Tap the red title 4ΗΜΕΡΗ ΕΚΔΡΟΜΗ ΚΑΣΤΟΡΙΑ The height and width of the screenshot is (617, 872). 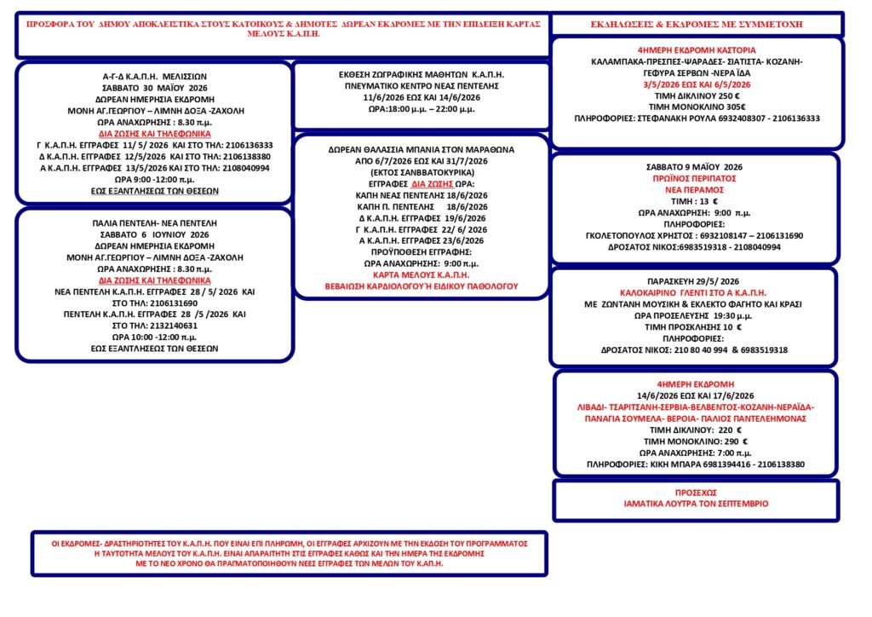(697, 51)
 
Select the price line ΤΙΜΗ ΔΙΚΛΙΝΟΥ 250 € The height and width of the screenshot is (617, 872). (697, 96)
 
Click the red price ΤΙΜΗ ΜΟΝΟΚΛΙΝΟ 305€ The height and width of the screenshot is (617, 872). (697, 107)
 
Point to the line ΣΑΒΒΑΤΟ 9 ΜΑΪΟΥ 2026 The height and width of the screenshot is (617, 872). (696, 168)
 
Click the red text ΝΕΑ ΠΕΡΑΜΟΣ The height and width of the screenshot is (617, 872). (696, 190)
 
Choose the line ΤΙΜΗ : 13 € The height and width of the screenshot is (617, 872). (696, 201)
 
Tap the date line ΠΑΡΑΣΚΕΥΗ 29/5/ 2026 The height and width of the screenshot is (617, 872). (697, 281)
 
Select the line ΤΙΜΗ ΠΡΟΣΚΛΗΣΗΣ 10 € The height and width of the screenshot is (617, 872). (697, 326)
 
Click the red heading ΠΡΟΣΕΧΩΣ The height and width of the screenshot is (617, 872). (696, 493)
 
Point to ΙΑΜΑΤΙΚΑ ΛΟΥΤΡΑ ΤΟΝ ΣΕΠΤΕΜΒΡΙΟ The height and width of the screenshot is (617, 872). (696, 504)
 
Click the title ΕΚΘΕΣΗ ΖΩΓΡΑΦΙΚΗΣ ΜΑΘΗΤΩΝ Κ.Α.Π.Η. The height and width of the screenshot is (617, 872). (421, 75)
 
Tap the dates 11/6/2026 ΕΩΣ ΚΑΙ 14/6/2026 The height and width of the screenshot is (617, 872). (421, 97)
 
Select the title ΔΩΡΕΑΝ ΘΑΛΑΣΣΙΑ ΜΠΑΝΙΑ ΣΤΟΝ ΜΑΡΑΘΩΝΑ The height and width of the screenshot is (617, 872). (421, 148)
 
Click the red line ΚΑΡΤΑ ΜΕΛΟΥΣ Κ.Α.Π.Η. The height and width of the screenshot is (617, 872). (421, 275)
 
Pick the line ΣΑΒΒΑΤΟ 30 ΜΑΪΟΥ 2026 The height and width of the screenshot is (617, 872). (155, 87)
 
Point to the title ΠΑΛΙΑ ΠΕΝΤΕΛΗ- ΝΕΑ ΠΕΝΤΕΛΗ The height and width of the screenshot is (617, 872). (155, 222)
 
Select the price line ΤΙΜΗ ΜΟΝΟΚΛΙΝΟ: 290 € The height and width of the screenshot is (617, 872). (697, 441)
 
